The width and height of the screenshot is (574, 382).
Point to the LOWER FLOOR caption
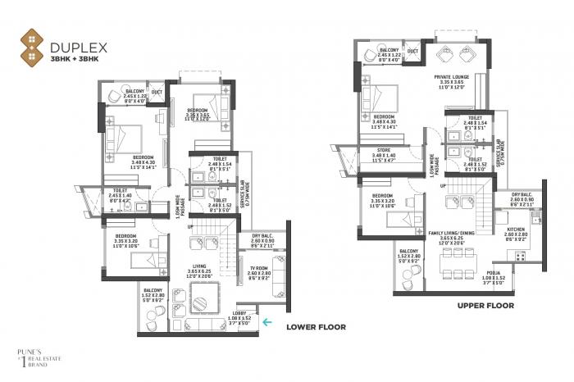point(316,326)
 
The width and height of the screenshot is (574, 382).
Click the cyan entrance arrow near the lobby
point(266,321)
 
